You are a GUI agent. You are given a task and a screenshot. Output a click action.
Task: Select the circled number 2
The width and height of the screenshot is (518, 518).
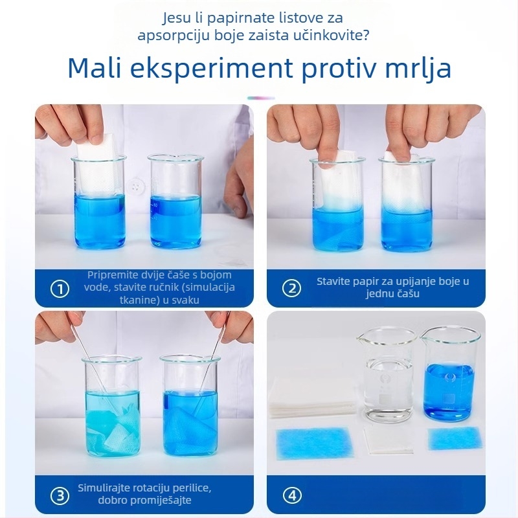(x=291, y=289)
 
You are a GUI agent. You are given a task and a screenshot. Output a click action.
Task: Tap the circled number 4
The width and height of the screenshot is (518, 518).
(x=291, y=496)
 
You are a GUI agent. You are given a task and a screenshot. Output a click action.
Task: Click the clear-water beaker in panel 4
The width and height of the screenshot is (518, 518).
(x=387, y=376)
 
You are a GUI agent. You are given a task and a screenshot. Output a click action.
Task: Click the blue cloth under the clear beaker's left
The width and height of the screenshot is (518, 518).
(x=313, y=442)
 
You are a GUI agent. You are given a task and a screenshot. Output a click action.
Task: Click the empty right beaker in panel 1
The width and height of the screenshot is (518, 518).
(x=175, y=201)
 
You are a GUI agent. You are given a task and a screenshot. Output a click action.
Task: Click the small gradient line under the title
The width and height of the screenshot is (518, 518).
(x=260, y=98)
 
